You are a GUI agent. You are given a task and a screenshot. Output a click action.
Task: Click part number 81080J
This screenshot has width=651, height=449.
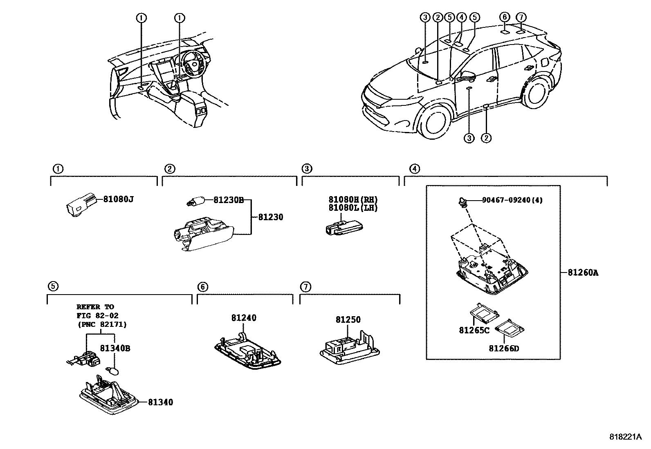(x=118, y=199)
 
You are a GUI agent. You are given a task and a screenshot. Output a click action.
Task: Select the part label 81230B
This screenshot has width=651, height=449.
(x=228, y=200)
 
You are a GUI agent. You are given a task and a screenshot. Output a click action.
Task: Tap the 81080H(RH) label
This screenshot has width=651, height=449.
(x=353, y=200)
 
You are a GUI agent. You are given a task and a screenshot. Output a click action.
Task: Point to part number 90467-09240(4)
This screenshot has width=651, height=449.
(x=512, y=200)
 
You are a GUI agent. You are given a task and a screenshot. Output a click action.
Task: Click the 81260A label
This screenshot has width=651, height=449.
(x=583, y=273)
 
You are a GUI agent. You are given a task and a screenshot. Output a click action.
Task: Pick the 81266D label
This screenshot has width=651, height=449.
(x=504, y=348)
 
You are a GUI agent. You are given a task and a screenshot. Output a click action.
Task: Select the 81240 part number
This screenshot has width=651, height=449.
(x=244, y=318)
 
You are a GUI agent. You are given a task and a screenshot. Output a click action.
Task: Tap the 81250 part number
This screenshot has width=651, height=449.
(x=348, y=320)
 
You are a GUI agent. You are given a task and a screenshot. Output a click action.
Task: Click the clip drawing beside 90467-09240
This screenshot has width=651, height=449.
(x=463, y=201)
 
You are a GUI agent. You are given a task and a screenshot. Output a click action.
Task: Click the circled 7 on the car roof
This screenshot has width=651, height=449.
(x=521, y=18)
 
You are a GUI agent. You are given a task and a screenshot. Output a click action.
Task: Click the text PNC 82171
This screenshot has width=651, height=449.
(x=102, y=325)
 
